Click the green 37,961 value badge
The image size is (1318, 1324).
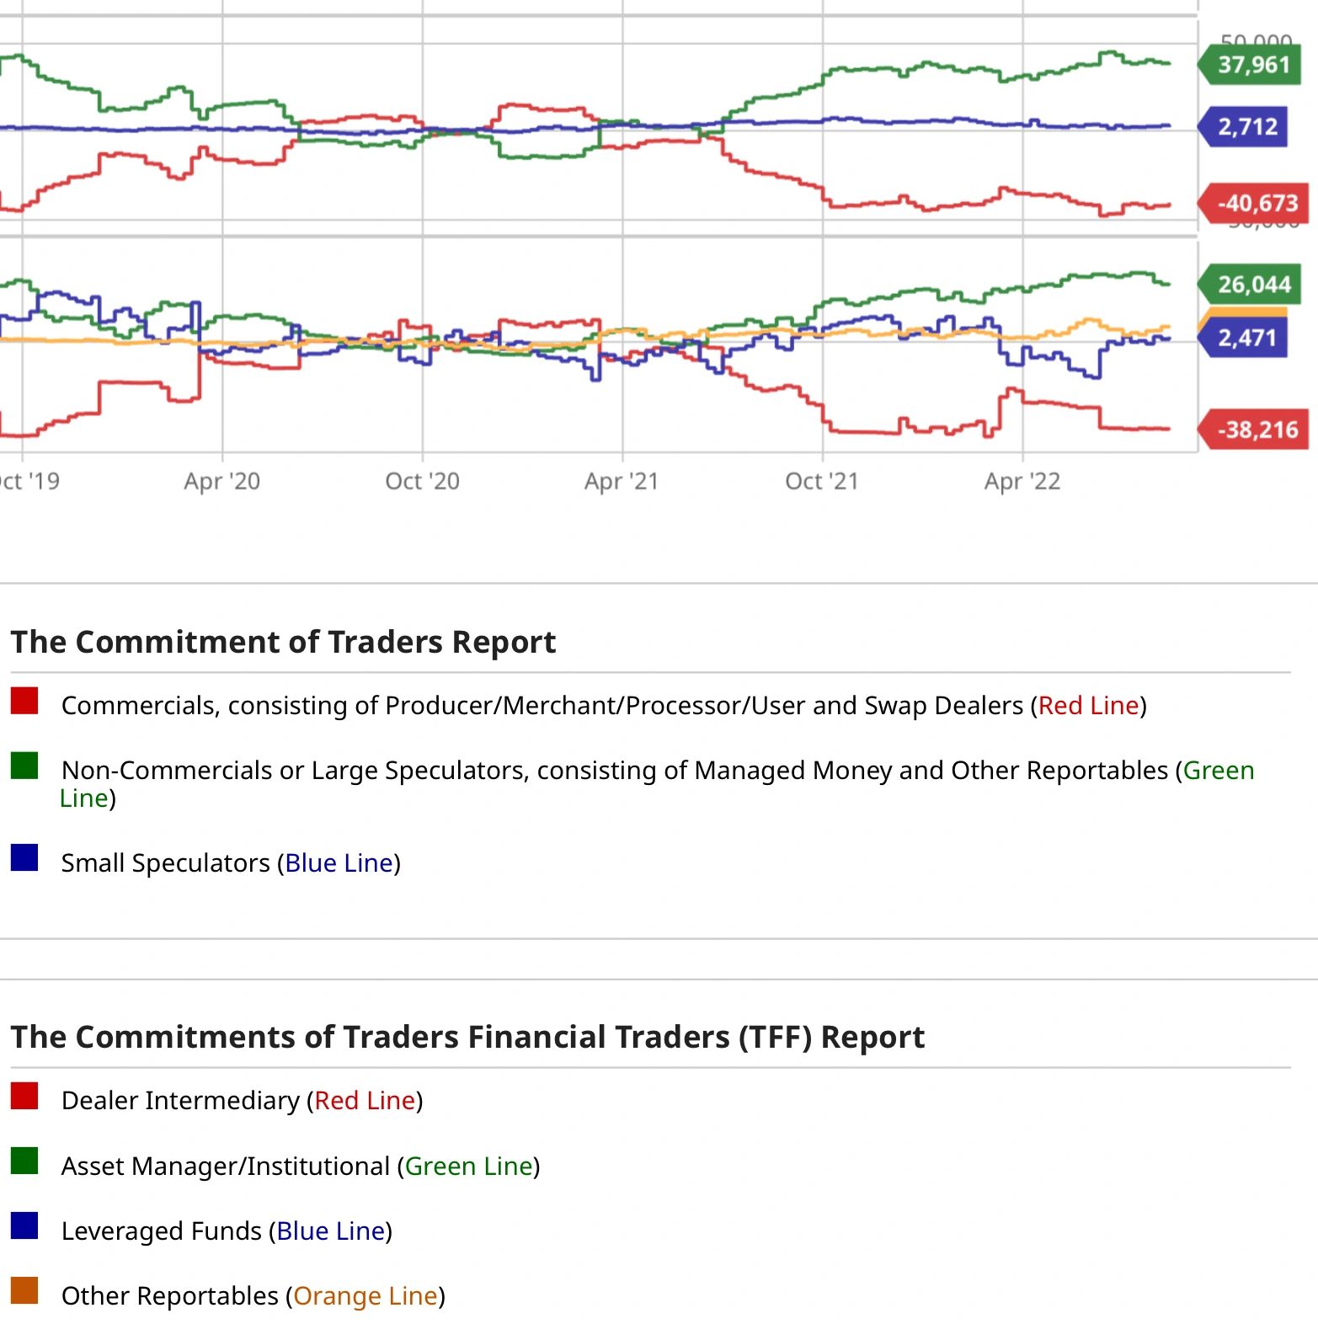click(x=1253, y=65)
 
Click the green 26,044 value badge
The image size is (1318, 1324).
click(x=1253, y=285)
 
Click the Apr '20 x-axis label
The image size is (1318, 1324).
click(x=222, y=481)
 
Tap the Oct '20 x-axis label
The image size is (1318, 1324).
click(x=422, y=481)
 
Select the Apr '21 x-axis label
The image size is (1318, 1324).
click(x=622, y=481)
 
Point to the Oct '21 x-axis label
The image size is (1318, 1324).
click(x=821, y=481)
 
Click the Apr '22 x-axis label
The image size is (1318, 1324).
click(x=1022, y=481)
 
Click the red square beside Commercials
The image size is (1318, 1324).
click(x=24, y=701)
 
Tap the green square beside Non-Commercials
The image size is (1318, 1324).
click(x=24, y=766)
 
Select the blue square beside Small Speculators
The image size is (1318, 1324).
click(x=24, y=857)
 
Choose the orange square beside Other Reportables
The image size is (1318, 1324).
click(x=24, y=1290)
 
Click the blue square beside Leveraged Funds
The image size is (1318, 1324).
click(x=24, y=1225)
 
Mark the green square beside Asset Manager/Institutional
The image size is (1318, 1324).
click(x=24, y=1161)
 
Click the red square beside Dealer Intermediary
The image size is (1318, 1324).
click(x=24, y=1096)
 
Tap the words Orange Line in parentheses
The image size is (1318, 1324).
click(x=366, y=1295)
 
